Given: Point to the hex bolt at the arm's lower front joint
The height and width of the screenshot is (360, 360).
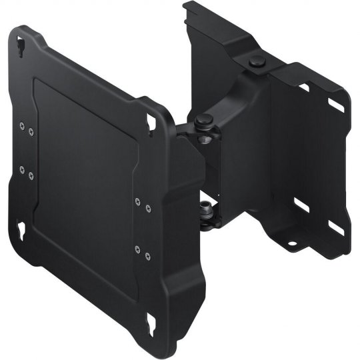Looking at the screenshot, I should (x=207, y=211).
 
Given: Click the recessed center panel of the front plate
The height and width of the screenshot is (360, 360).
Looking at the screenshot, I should (x=83, y=173).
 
